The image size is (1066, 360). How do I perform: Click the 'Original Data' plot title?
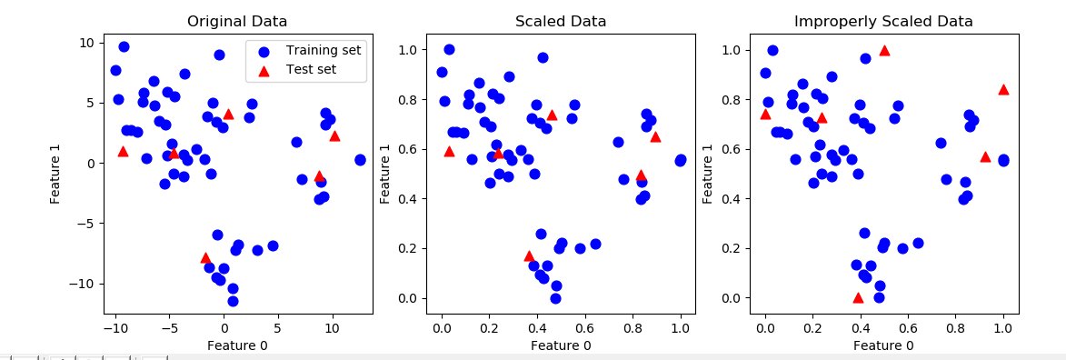tap(236, 21)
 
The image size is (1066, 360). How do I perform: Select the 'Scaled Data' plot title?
tap(560, 21)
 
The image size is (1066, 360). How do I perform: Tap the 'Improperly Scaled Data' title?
tap(883, 21)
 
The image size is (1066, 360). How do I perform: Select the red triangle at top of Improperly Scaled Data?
tap(884, 51)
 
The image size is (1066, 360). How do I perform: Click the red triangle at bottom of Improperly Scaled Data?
tap(858, 297)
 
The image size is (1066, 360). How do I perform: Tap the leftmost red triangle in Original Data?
tap(123, 152)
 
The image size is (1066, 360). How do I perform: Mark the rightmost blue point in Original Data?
tap(360, 160)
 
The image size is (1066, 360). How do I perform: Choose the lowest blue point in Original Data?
tap(233, 301)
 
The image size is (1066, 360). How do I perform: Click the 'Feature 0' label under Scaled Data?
tap(560, 345)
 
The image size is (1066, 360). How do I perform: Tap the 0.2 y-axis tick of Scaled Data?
tap(409, 248)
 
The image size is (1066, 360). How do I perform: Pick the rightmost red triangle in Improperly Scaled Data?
tap(1003, 89)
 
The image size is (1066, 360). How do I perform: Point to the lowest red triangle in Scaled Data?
tap(529, 256)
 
